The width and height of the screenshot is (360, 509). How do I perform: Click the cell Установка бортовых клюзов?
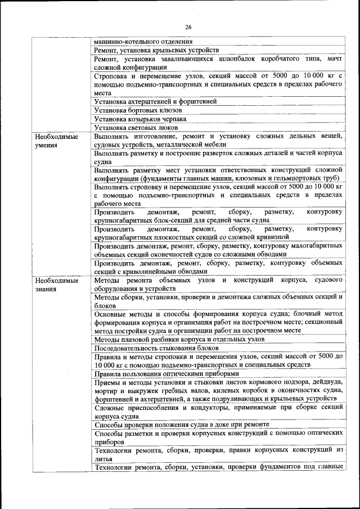coord(133,110)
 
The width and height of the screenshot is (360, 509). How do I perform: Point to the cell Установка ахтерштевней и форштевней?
coord(155,101)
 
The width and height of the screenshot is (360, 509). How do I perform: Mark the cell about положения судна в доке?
coord(181,424)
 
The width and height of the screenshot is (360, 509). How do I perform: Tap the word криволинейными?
coord(144,271)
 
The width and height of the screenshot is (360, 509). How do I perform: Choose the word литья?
coord(103,458)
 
